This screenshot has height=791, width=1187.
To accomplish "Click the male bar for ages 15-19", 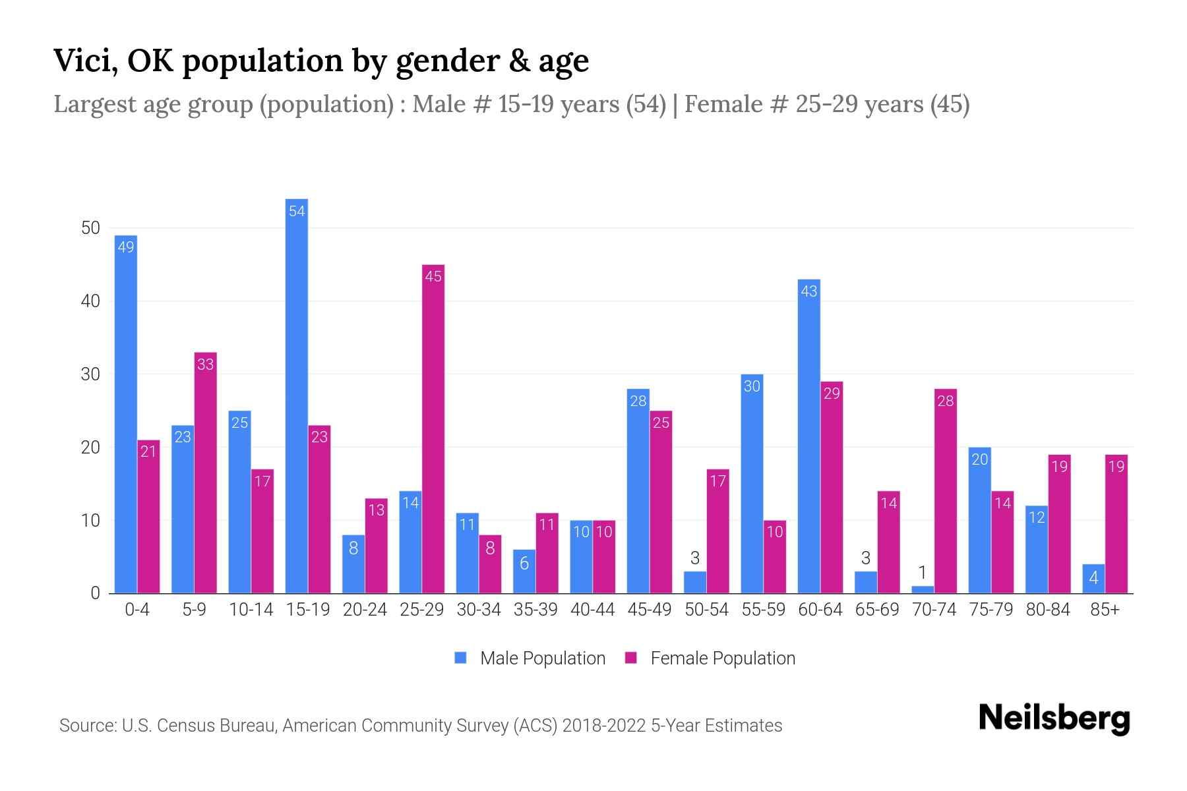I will [x=297, y=395].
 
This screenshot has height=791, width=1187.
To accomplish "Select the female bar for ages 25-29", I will [x=433, y=428].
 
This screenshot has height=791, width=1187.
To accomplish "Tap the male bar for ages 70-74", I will [x=923, y=589].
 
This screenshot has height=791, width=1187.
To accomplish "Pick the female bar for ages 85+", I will [x=1116, y=524].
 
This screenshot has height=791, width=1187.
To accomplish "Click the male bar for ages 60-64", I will [x=809, y=435].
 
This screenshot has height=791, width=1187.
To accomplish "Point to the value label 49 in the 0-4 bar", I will [x=125, y=247].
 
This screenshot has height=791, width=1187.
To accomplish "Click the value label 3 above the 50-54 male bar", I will [x=695, y=558].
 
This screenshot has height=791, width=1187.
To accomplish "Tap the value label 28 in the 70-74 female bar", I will [x=946, y=401].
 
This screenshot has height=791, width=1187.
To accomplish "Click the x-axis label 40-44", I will [x=592, y=610].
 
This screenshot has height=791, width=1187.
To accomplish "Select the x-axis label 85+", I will [x=1105, y=610].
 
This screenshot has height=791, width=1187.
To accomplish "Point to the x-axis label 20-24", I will [x=365, y=610].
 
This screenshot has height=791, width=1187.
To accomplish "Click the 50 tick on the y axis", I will [x=90, y=228].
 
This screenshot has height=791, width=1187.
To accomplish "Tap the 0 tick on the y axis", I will [x=96, y=593].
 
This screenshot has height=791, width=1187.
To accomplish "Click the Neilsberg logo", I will [x=1054, y=718].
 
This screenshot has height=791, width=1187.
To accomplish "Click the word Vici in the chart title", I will [x=85, y=61].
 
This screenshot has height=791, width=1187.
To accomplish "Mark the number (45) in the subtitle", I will [x=950, y=104].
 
